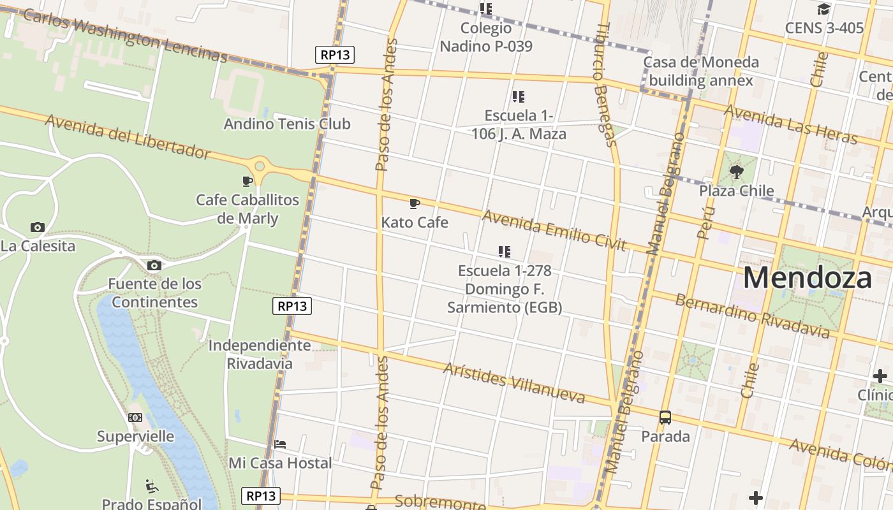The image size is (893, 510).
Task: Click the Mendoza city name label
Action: [807, 279]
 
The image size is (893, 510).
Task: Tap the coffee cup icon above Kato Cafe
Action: [415, 204]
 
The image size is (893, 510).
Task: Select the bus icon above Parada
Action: [665, 418]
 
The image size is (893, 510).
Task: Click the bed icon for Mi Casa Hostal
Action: [279, 444]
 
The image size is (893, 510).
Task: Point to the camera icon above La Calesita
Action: [38, 227]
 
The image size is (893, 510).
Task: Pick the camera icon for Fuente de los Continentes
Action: [154, 265]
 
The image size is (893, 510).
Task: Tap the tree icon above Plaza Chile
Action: [736, 171]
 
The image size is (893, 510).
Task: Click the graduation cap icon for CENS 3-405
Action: [823, 9]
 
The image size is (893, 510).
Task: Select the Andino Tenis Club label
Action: [286, 124]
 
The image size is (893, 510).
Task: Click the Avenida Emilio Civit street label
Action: [554, 230]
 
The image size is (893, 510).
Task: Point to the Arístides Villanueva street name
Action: [513, 383]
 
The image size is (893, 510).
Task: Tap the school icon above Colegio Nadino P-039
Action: [486, 9]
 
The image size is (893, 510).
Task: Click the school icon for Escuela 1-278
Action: [505, 252]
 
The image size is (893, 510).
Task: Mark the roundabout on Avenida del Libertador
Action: [260, 166]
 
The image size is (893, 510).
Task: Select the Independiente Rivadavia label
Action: [260, 354]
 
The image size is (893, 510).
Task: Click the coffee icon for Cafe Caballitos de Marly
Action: [247, 181]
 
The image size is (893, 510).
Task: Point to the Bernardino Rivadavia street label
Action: [753, 316]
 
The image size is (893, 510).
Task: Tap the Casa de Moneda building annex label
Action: [700, 71]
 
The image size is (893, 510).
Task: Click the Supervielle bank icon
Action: [135, 418]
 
